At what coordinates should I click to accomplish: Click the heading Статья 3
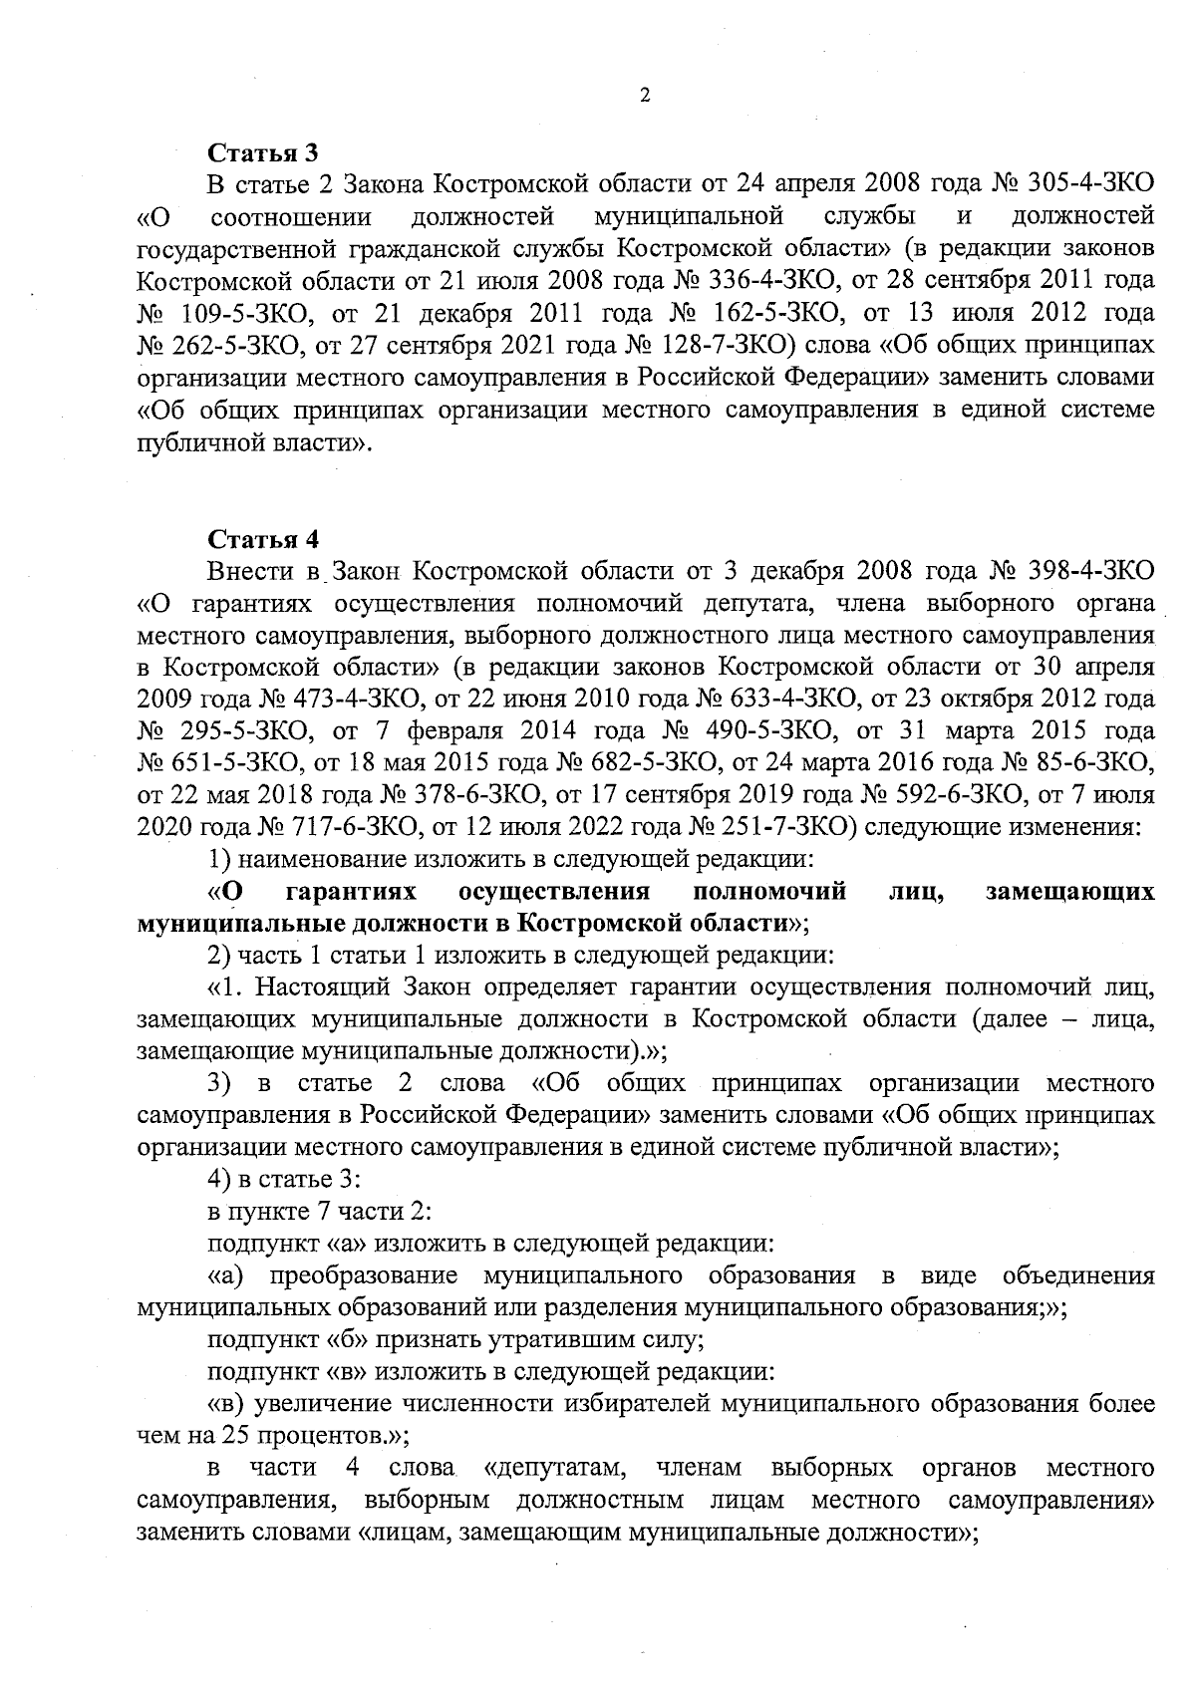[262, 153]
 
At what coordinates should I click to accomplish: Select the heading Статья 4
[263, 539]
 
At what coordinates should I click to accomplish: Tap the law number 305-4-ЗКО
[1087, 185]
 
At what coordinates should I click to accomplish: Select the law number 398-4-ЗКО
[1088, 572]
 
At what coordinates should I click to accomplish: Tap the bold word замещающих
[1069, 891]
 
